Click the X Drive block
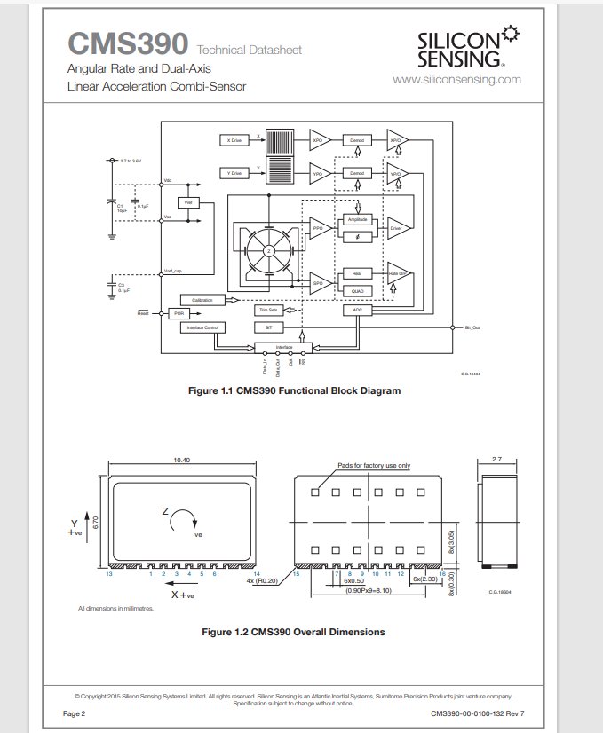tap(234, 140)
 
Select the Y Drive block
tap(234, 173)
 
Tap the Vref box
tap(188, 202)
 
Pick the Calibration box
tap(202, 301)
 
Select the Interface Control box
tap(202, 327)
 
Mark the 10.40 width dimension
tap(181, 460)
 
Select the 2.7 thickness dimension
tap(496, 459)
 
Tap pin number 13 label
tap(108, 575)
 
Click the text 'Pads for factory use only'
tap(374, 465)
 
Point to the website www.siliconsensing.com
tap(456, 79)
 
